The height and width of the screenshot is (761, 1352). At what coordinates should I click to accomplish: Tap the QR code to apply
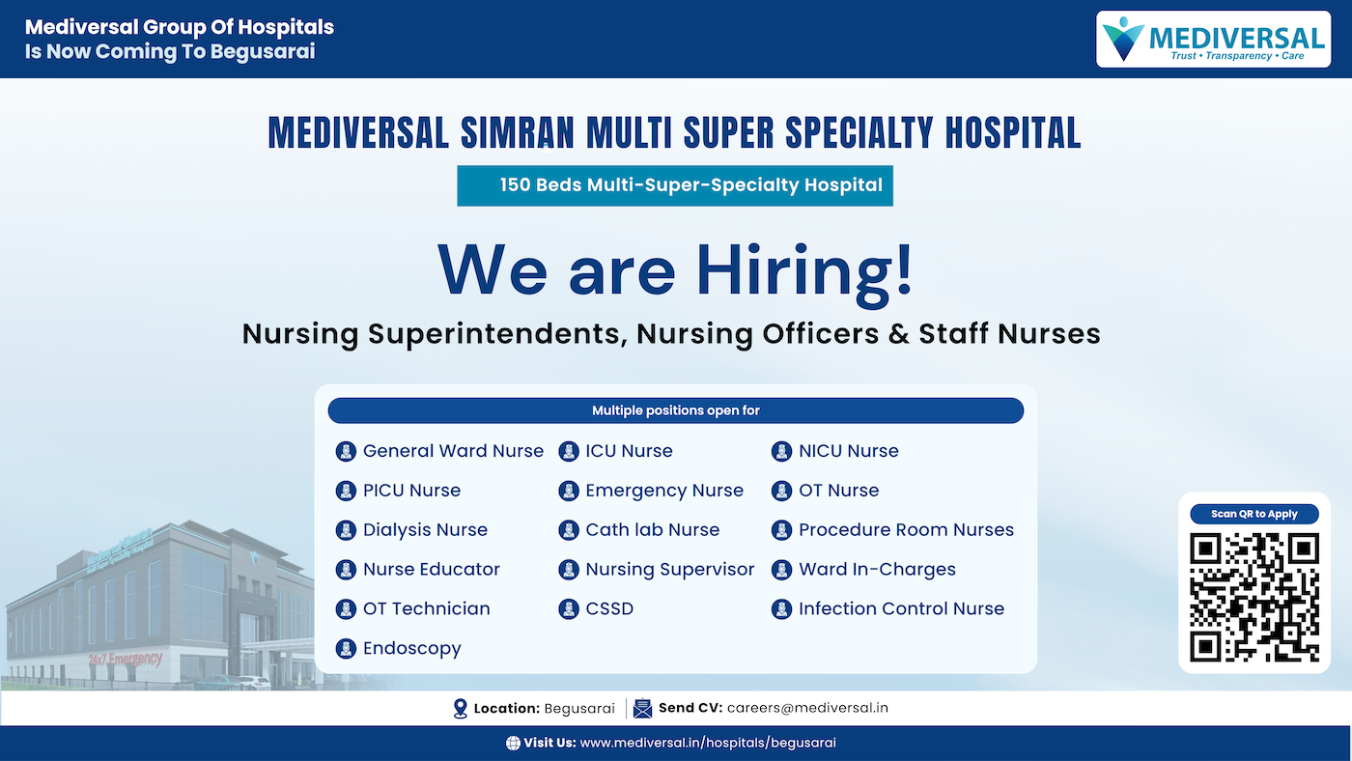click(1254, 596)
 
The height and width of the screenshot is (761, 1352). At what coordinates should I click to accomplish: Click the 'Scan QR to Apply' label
click(1254, 514)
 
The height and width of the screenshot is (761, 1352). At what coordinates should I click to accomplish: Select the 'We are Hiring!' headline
click(674, 269)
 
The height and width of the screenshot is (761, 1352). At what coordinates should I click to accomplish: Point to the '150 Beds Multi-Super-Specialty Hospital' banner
click(675, 185)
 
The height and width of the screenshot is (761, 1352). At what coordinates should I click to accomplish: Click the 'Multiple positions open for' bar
click(675, 410)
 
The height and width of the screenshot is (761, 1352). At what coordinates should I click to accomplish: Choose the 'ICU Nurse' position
click(629, 451)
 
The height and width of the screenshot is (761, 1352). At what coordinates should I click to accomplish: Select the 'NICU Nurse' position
click(848, 451)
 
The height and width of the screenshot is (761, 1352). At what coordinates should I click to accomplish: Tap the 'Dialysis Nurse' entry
click(425, 530)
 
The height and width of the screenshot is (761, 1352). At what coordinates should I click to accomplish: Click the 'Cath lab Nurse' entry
click(652, 530)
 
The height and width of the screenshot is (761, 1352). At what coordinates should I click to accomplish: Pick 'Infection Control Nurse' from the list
click(901, 609)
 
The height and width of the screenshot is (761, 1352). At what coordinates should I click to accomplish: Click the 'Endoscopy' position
click(411, 649)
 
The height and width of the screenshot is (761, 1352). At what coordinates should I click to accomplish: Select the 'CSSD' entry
click(609, 609)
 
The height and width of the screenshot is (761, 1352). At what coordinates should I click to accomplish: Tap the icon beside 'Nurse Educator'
click(346, 570)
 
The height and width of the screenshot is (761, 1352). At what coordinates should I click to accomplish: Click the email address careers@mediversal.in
click(807, 708)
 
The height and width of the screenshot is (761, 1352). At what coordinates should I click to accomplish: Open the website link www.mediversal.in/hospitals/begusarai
click(708, 743)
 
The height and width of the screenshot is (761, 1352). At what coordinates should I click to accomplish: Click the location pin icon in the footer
click(461, 709)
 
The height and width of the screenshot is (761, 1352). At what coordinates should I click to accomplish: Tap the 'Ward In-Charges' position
click(877, 570)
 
